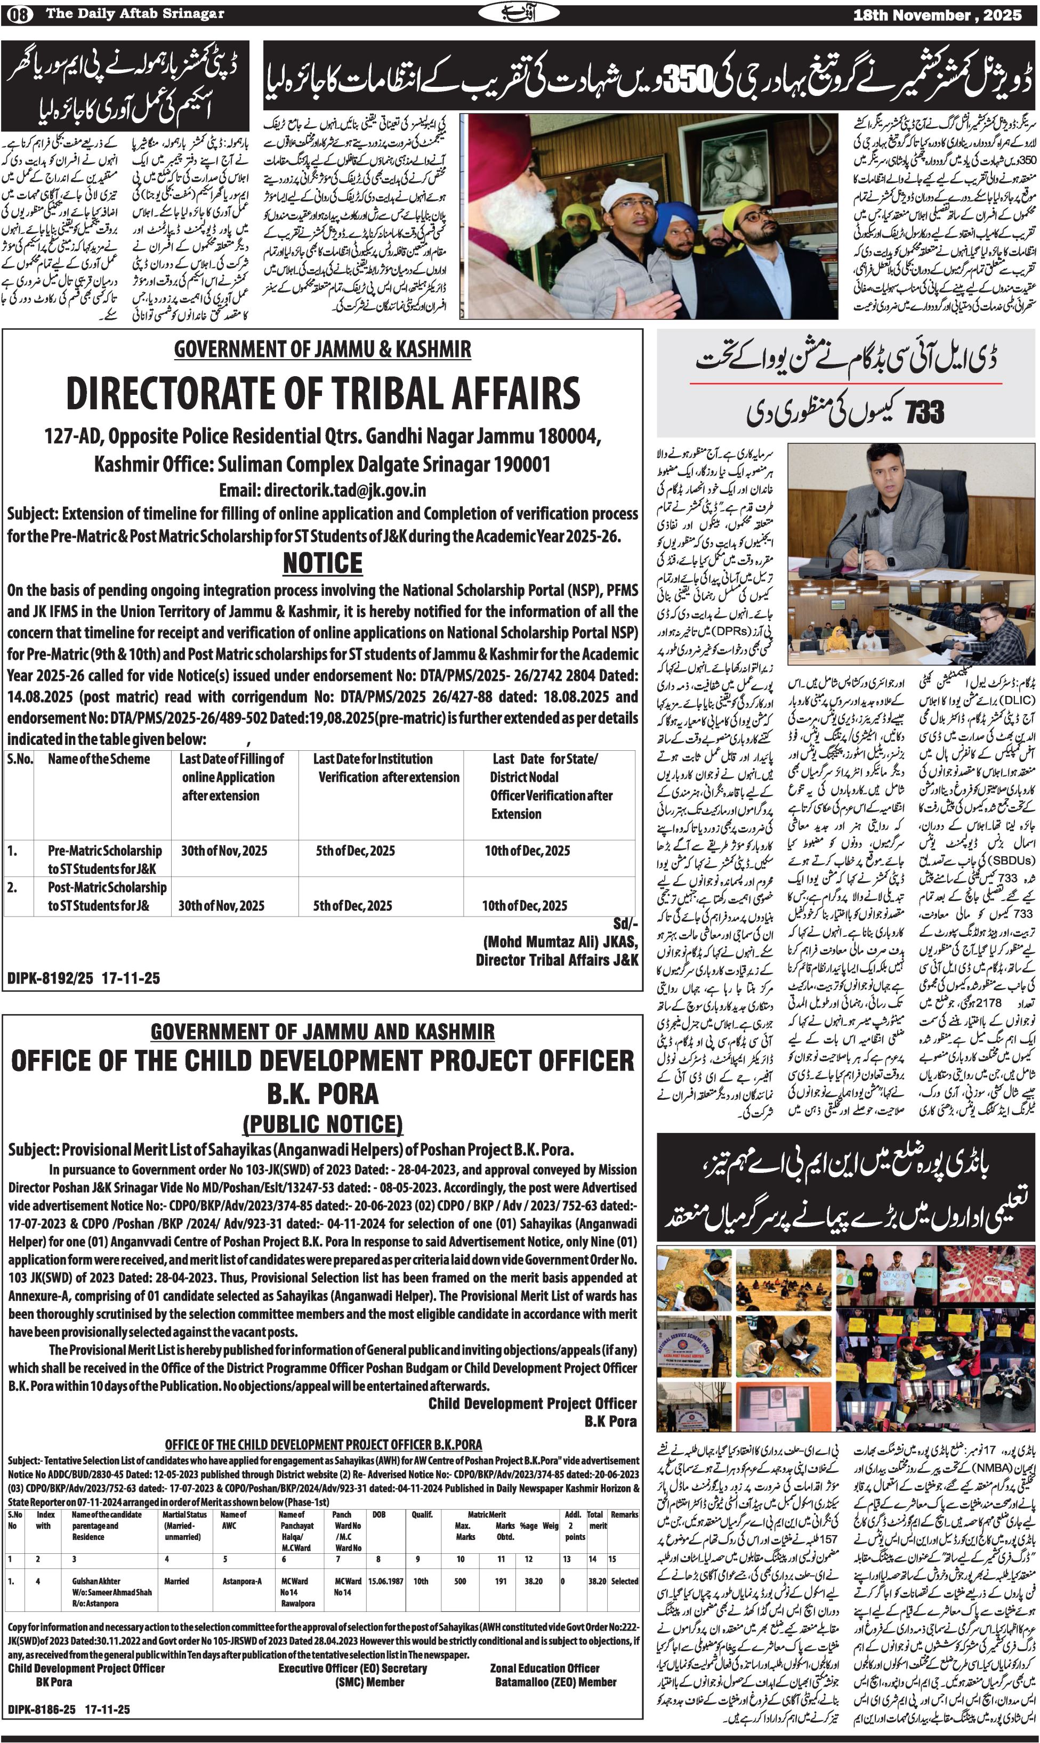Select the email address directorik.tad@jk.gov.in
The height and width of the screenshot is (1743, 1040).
point(323,490)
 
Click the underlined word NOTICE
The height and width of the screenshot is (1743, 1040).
point(323,563)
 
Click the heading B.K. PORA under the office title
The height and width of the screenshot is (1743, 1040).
point(323,1093)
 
